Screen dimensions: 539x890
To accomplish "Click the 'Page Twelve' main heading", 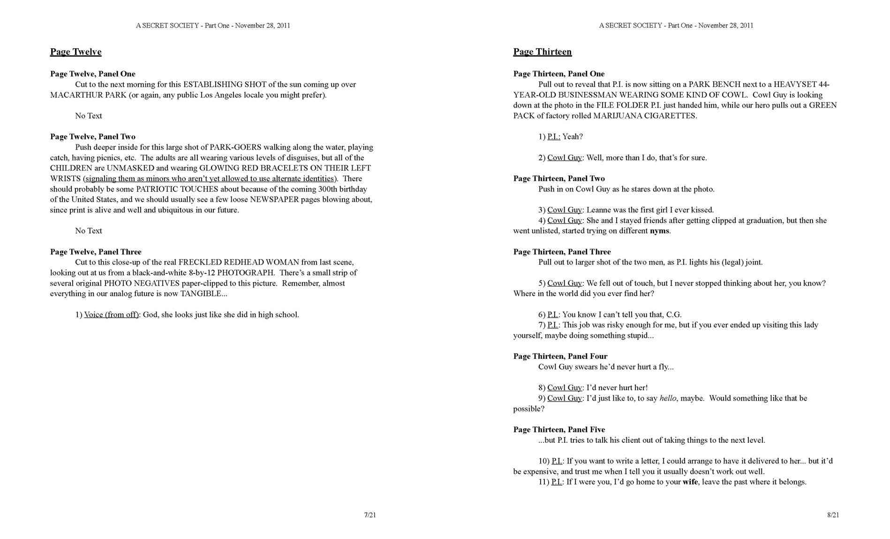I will [x=75, y=52].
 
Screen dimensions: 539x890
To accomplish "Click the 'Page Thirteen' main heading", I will [x=542, y=52].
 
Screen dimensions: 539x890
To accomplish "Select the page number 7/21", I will [x=370, y=515].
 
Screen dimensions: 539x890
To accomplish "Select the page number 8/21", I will [x=833, y=515].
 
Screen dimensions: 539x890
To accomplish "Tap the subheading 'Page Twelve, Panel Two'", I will [x=93, y=137].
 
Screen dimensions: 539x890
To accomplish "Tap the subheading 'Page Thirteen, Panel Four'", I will [x=560, y=356].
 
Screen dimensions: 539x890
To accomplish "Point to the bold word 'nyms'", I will [x=659, y=231].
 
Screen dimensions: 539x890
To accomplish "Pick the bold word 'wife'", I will [x=690, y=482].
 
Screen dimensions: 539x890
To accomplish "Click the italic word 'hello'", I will [x=668, y=398].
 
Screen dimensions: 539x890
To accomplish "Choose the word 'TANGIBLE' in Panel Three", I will [x=201, y=294].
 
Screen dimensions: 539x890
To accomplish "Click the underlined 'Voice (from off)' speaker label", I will [x=111, y=315].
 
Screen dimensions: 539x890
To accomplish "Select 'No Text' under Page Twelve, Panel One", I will [x=89, y=116].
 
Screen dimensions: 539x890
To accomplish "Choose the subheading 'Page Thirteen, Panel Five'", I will [x=559, y=430].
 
